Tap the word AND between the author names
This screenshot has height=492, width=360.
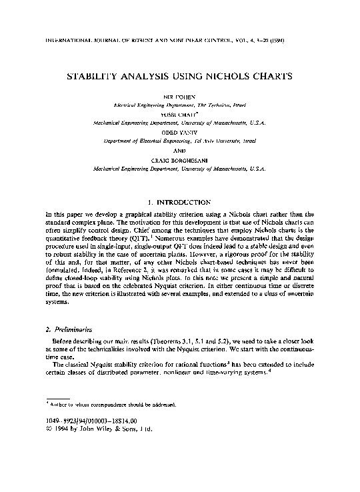coord(180,151)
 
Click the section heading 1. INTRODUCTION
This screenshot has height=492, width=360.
coord(180,201)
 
